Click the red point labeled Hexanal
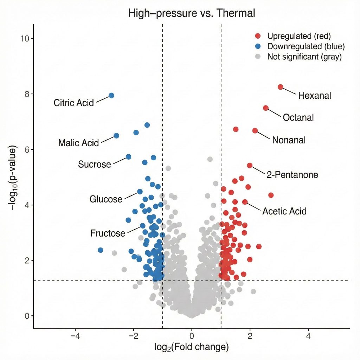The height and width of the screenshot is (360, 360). click(x=280, y=87)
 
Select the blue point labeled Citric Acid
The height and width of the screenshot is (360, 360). click(x=111, y=95)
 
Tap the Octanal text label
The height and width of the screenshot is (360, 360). click(x=298, y=117)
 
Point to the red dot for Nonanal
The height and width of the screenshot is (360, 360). click(x=255, y=131)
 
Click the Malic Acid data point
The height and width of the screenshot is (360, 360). click(x=116, y=136)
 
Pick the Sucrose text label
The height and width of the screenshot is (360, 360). click(x=94, y=164)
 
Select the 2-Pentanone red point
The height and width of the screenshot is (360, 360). click(x=250, y=165)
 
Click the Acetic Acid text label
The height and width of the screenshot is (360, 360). click(x=284, y=211)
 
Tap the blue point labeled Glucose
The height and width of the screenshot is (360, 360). click(x=140, y=192)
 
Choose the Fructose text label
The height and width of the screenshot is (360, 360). click(x=108, y=233)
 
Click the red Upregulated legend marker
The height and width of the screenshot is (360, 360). click(x=258, y=36)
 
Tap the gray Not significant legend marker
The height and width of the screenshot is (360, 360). click(x=258, y=57)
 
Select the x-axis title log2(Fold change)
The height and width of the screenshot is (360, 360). click(x=192, y=347)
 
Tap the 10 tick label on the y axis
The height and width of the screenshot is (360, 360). click(x=25, y=38)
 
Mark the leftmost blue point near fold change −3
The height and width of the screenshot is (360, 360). click(x=101, y=250)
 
